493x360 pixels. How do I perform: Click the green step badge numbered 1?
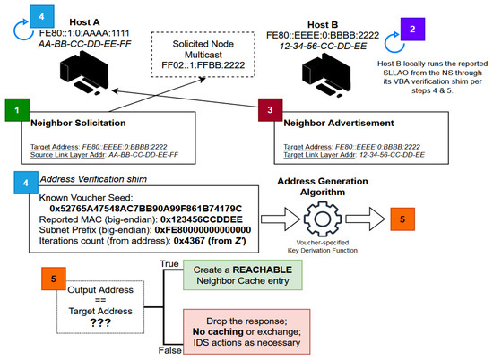click(x=17, y=115)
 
